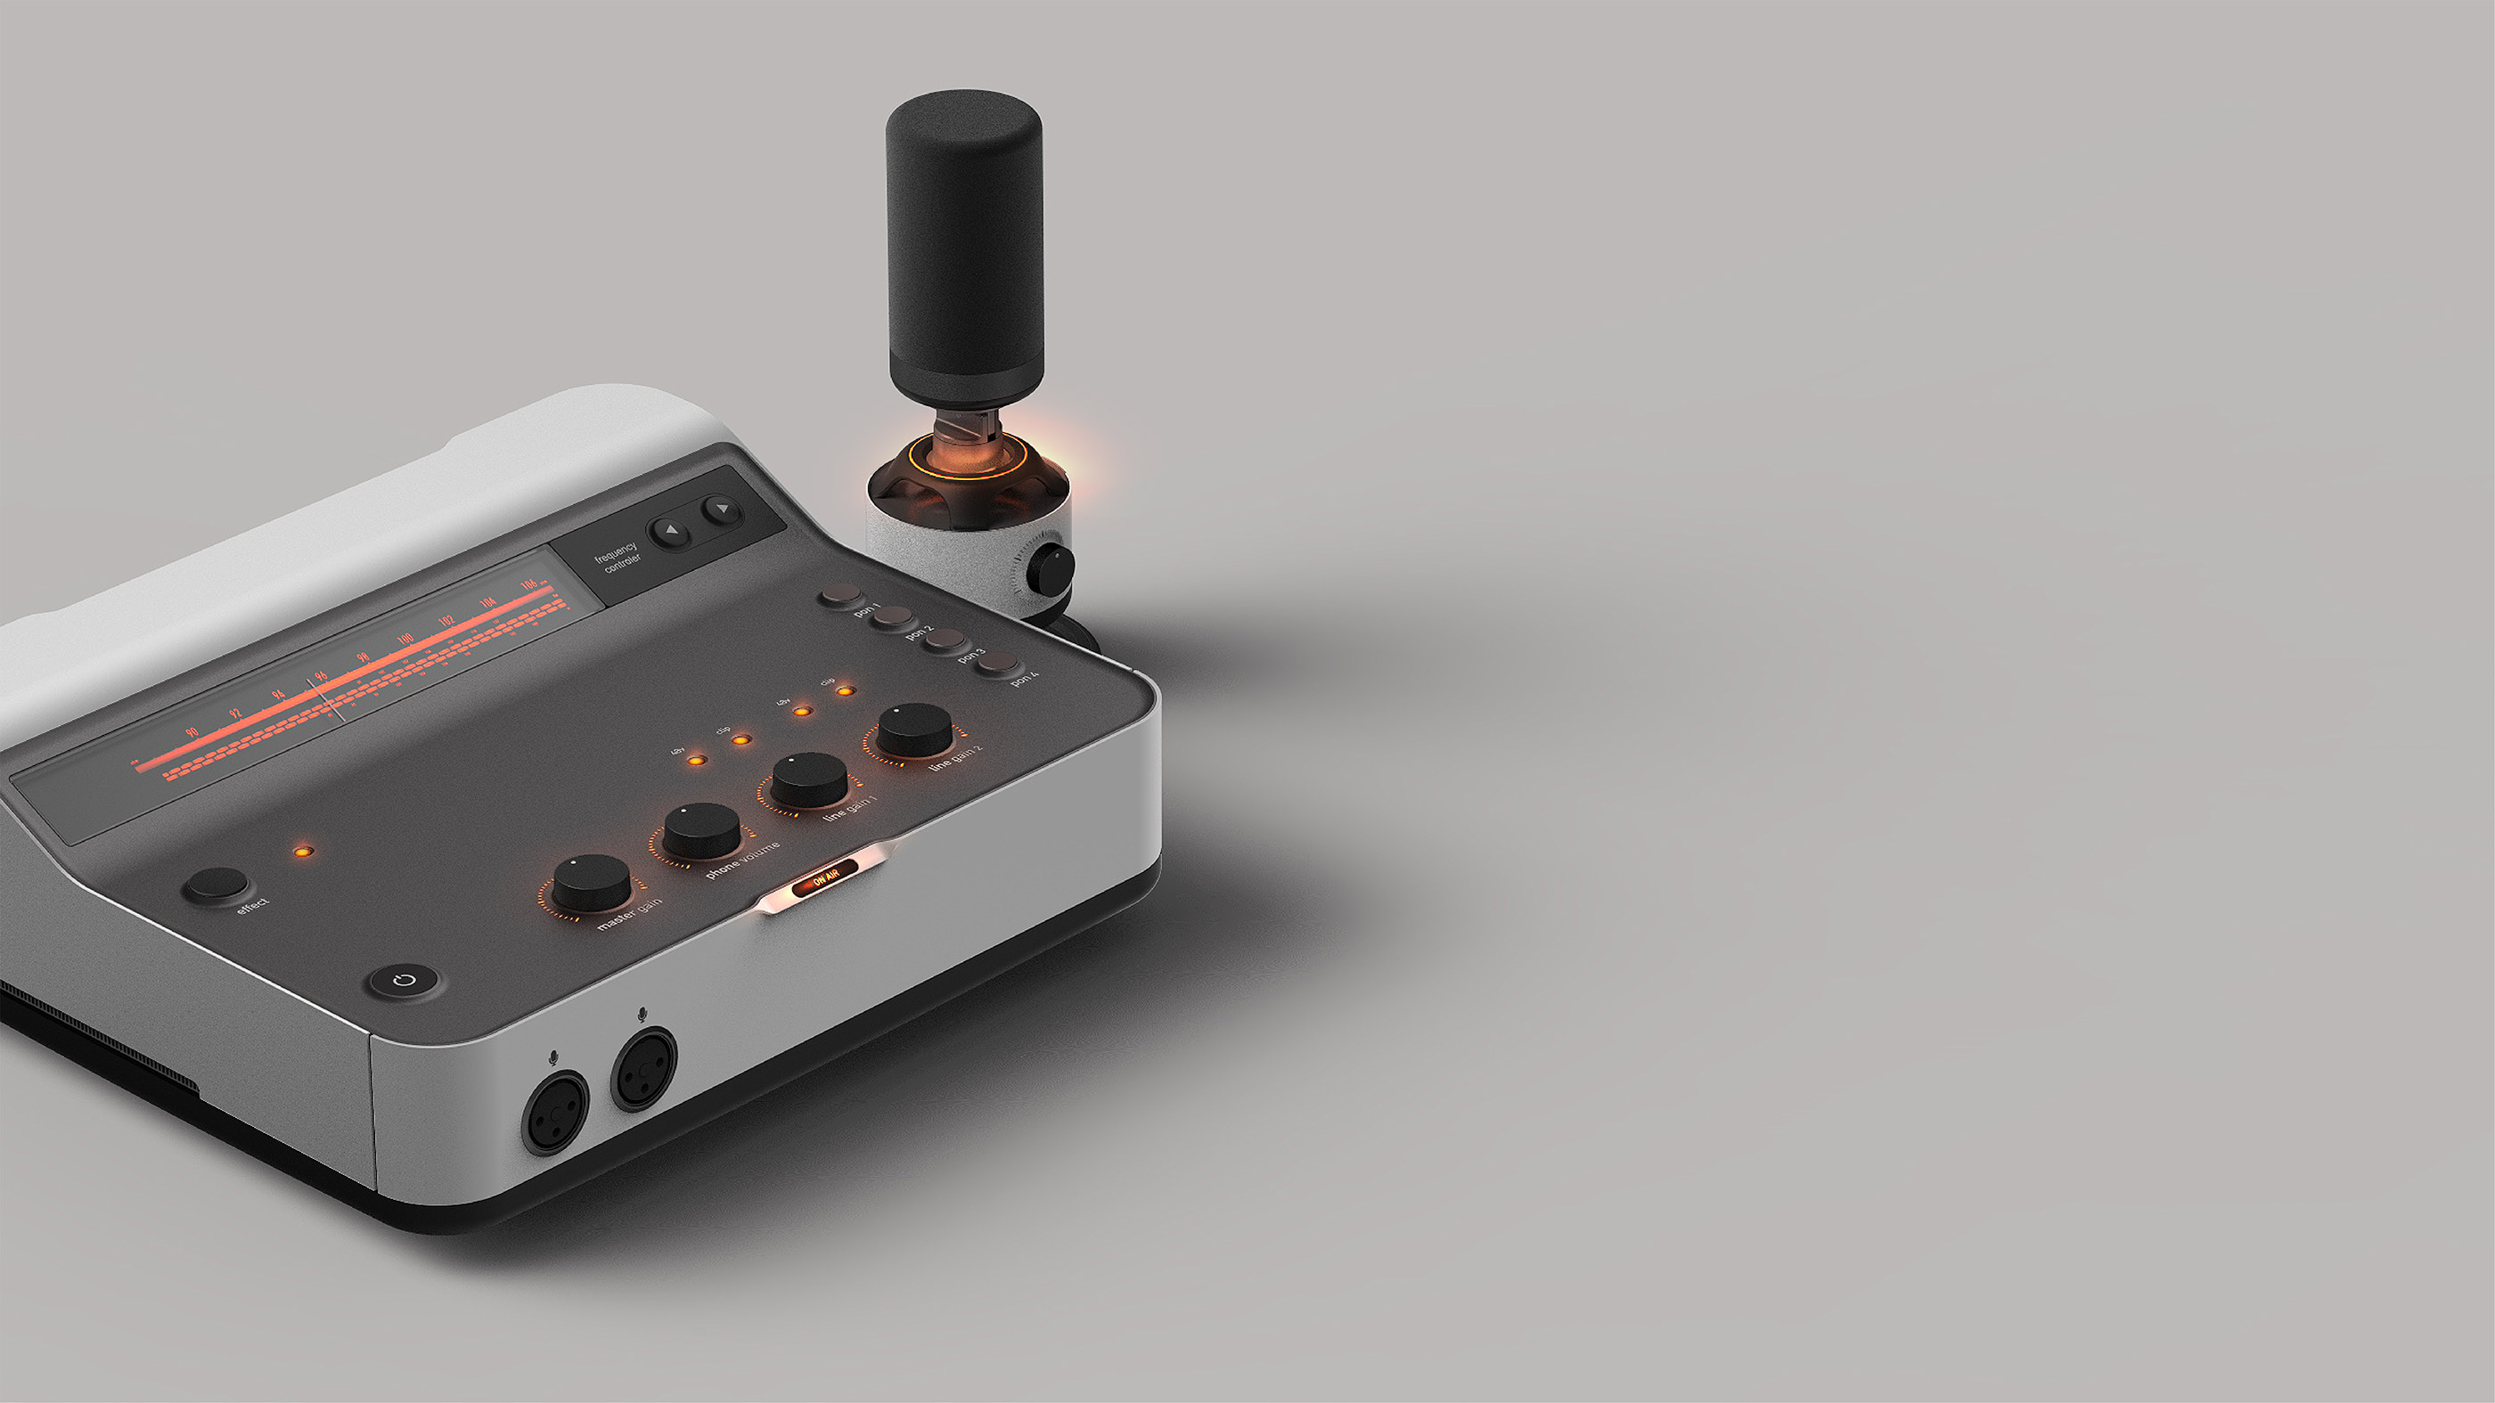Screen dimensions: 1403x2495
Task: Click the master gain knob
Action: tap(591, 881)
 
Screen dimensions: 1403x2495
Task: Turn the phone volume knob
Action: tap(701, 828)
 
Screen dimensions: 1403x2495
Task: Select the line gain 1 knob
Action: tap(809, 778)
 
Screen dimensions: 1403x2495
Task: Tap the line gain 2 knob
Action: tap(914, 728)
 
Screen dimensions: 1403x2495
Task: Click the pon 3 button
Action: tap(944, 639)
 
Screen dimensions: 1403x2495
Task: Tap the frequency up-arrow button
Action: tap(669, 531)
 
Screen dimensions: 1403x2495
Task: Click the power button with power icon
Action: tap(405, 981)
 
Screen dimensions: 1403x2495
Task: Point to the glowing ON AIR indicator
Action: tap(824, 879)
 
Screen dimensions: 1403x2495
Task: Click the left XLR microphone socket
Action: tap(555, 1113)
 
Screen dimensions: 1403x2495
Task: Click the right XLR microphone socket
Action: tap(644, 1068)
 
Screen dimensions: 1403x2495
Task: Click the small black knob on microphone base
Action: tap(1051, 568)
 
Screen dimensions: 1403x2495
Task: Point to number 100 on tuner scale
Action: tap(405, 638)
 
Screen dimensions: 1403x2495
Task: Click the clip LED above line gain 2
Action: tap(846, 691)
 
